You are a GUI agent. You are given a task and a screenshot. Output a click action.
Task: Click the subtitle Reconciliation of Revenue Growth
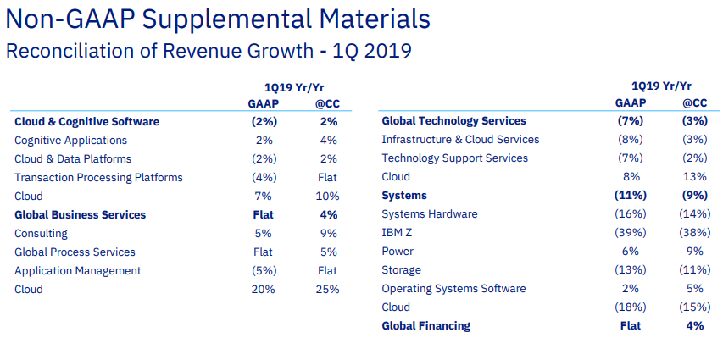pyautogui.click(x=209, y=51)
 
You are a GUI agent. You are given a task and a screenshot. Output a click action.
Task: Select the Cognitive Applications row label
pyautogui.click(x=70, y=141)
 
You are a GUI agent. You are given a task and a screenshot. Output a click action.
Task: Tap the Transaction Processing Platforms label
pyautogui.click(x=98, y=178)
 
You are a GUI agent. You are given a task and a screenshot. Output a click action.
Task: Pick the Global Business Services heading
pyautogui.click(x=80, y=215)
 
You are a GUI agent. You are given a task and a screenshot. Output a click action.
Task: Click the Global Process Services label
pyautogui.click(x=75, y=252)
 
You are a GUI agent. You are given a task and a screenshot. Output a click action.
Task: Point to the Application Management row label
pyautogui.click(x=77, y=271)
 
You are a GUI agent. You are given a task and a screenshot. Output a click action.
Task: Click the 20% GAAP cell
pyautogui.click(x=263, y=290)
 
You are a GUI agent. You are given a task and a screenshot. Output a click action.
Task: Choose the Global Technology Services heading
pyautogui.click(x=453, y=121)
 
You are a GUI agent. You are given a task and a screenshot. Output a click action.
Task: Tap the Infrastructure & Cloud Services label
pyautogui.click(x=460, y=140)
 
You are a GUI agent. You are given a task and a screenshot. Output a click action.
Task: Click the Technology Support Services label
pyautogui.click(x=454, y=158)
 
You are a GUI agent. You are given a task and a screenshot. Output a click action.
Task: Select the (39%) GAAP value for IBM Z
pyautogui.click(x=630, y=233)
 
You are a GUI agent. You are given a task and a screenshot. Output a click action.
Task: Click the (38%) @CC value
pyautogui.click(x=694, y=233)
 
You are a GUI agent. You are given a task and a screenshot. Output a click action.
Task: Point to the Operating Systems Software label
pyautogui.click(x=453, y=289)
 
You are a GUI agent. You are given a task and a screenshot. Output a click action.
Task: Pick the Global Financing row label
pyautogui.click(x=425, y=326)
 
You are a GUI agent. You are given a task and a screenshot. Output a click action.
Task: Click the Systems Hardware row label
pyautogui.click(x=430, y=214)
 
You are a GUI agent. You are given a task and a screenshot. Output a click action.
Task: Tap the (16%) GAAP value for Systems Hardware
pyautogui.click(x=630, y=214)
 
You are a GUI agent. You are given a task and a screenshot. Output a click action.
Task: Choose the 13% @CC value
pyautogui.click(x=694, y=177)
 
